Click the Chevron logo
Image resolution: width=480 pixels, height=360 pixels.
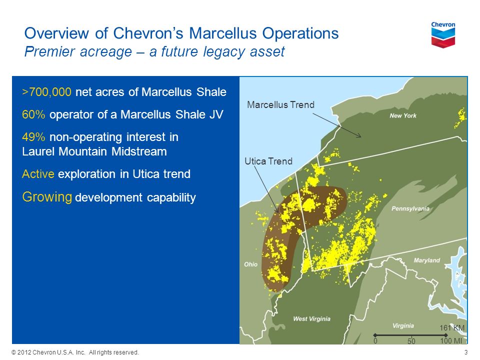coord(443,34)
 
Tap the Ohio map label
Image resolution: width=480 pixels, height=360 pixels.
coord(250,264)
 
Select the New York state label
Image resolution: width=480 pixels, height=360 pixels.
coord(403,115)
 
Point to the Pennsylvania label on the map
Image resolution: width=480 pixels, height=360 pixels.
coord(410,208)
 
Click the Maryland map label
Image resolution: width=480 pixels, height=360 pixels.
coord(426,260)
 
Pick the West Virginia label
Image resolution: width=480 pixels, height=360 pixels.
coord(311,318)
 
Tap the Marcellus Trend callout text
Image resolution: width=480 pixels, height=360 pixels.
coord(280,104)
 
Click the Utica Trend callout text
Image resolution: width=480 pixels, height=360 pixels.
coord(268,161)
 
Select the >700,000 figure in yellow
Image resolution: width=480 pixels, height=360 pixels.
coord(47,92)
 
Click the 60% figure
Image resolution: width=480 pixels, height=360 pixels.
coord(33,114)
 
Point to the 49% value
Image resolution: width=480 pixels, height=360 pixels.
coord(33,137)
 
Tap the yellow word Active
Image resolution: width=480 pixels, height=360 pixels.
coord(38,174)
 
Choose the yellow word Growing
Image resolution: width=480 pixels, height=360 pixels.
coord(47,197)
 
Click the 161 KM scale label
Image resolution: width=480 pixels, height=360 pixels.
coord(452,328)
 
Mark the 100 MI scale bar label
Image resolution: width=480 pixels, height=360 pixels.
coord(451,340)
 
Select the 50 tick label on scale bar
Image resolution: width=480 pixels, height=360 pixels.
coord(411,341)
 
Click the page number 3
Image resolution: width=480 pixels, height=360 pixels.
coord(466,352)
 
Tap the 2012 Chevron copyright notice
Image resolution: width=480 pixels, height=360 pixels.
coord(75,352)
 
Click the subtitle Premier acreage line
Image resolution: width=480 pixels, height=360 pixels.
coord(154,51)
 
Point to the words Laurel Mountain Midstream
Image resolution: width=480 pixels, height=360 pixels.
coord(94,151)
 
